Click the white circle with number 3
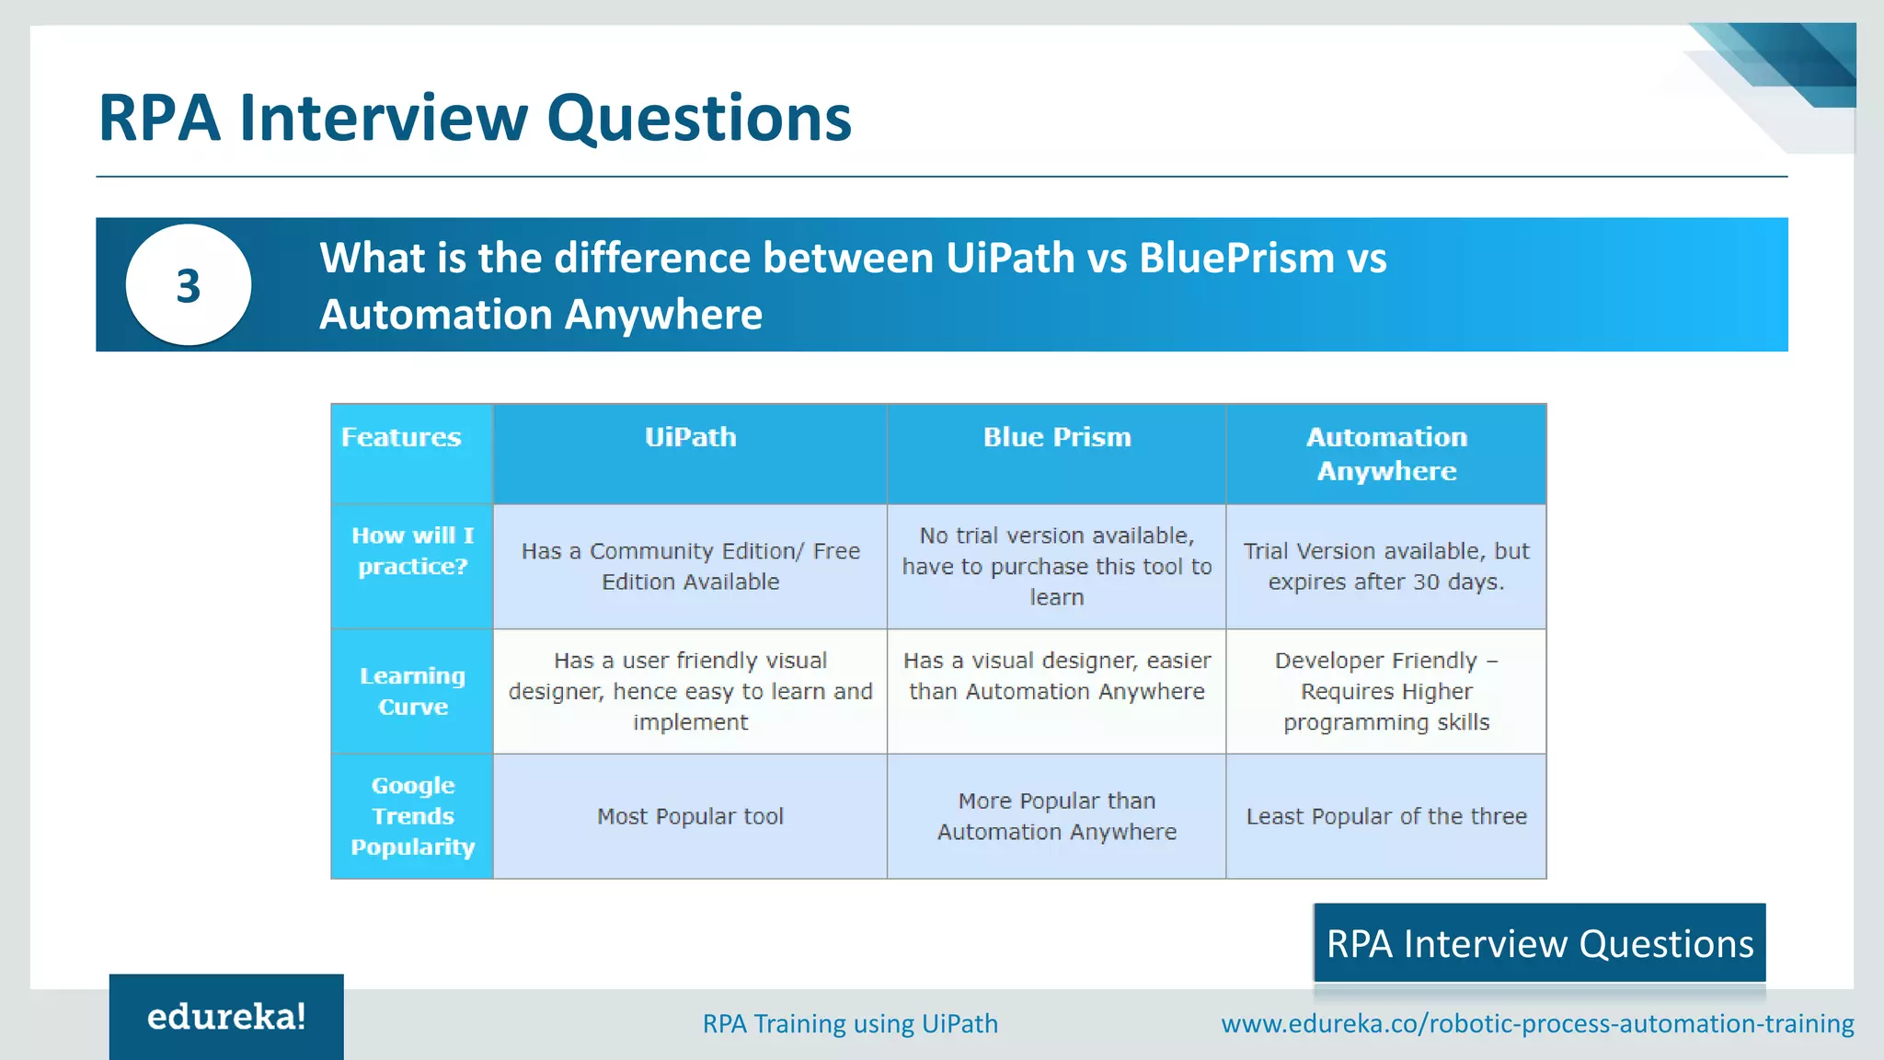click(x=189, y=285)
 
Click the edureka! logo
click(x=226, y=1017)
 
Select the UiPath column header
click(x=690, y=437)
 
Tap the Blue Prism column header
click(x=1057, y=437)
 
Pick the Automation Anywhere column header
click(x=1386, y=454)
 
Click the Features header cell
click(x=401, y=437)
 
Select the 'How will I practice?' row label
click(x=412, y=551)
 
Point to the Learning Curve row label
click(x=412, y=691)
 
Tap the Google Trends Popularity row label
click(x=412, y=816)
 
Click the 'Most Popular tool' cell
click(x=690, y=816)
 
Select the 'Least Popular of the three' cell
click(x=1386, y=816)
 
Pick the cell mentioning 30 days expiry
click(x=1386, y=567)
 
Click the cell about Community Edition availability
click(x=690, y=567)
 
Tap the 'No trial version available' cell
click(x=1057, y=567)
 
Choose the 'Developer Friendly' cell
click(x=1386, y=691)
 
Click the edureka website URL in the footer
click(x=1537, y=1023)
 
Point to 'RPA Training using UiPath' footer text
click(x=850, y=1023)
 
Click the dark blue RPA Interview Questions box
click(x=1539, y=944)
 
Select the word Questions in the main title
click(x=699, y=118)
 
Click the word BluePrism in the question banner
click(x=1236, y=258)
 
